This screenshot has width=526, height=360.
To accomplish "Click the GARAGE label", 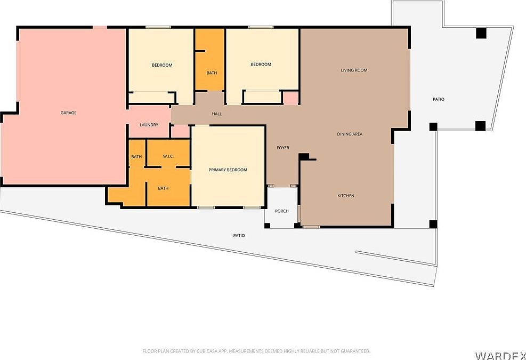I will pos(68,113).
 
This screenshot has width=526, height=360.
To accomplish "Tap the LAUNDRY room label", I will pos(149,125).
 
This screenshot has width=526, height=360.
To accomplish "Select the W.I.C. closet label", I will pos(168,156).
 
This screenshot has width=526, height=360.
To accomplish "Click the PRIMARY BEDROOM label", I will pos(228,170).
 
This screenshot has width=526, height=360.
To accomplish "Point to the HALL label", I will pos(216,114).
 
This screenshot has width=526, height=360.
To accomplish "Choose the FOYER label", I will pos(282,148).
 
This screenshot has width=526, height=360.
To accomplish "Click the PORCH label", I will pos(281,211).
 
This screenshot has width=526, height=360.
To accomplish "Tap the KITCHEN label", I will pos(346,196).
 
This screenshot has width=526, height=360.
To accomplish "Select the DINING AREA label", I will pos(350,134).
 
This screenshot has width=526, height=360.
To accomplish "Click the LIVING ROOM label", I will pos(354,70).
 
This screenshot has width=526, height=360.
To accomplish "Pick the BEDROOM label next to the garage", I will pos(162,65).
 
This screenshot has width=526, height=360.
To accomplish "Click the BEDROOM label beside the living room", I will pos(261,65).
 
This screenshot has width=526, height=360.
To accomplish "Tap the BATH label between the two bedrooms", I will pos(212,73).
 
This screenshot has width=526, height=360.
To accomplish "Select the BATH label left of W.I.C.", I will pos(136,157).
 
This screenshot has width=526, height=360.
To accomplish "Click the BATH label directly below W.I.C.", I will pos(163,188).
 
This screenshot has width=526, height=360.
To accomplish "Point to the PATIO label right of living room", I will pos(438,99).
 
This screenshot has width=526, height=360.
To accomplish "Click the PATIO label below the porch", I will pos(239,235).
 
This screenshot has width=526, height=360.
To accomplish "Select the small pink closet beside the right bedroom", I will pos(290,98).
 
